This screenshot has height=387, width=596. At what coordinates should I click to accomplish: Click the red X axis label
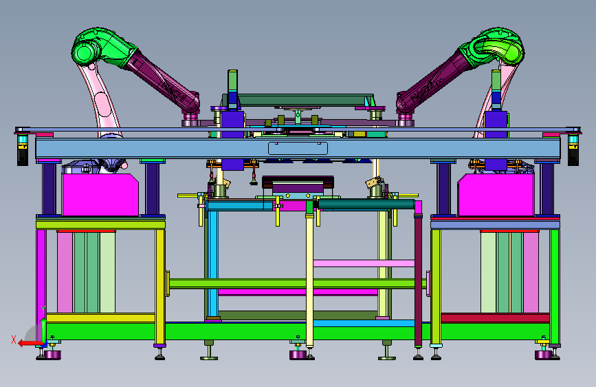pyautogui.click(x=14, y=339)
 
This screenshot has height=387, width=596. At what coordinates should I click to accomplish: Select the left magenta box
pyautogui.click(x=100, y=195)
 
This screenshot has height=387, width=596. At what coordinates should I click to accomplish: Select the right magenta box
pyautogui.click(x=496, y=195)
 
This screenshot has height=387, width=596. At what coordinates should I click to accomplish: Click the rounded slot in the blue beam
pyautogui.click(x=298, y=149)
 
